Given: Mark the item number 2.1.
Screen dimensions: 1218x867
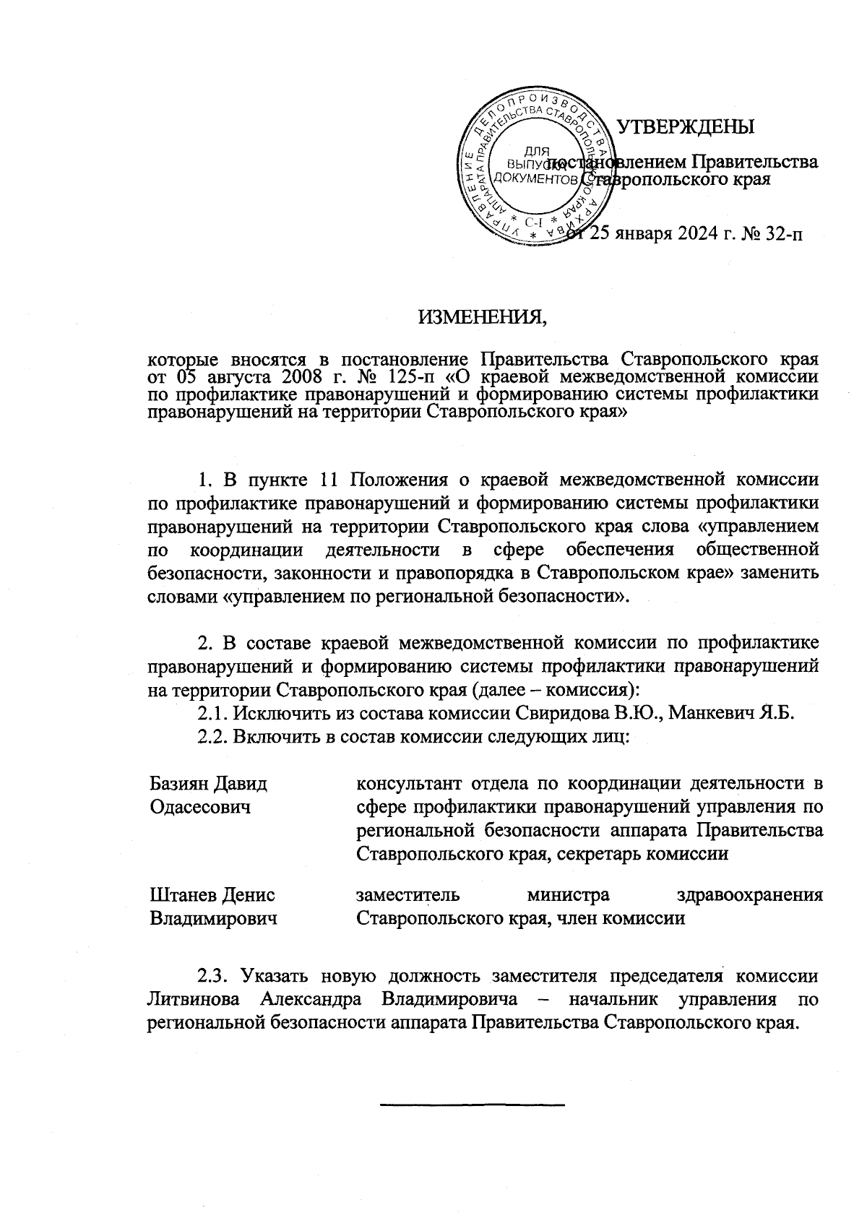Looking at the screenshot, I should click(214, 714).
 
